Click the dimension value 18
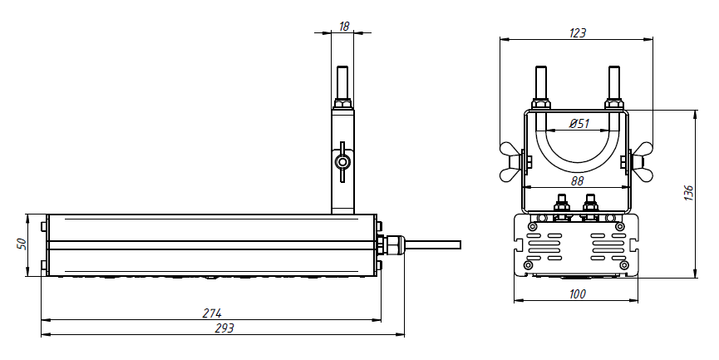344,27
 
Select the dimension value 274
212,313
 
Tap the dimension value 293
224,328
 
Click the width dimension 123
578,33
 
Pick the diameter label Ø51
579,123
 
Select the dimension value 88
577,181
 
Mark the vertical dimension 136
688,193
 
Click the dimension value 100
577,294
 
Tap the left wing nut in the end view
512,162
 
